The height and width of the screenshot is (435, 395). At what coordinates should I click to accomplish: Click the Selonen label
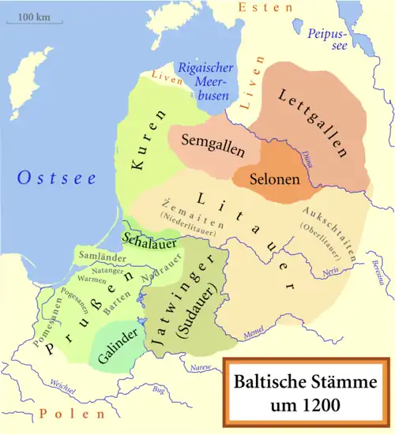pyautogui.click(x=274, y=179)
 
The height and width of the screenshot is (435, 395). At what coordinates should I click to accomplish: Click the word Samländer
pyautogui.click(x=98, y=258)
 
